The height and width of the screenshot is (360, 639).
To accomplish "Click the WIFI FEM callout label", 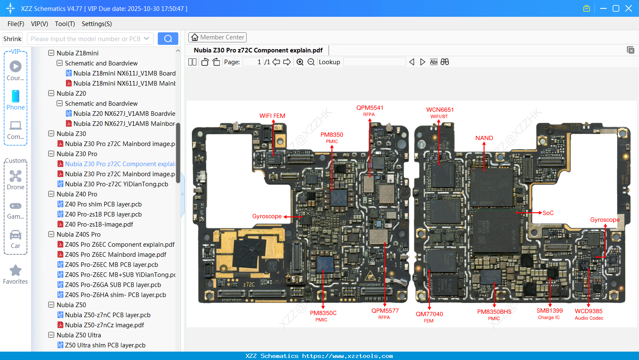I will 272,116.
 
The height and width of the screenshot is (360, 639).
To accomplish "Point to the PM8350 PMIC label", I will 331,137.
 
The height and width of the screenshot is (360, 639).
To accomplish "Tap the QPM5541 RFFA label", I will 370,110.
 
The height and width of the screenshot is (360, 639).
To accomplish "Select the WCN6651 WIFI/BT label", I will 440,112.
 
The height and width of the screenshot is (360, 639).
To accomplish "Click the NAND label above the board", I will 484,138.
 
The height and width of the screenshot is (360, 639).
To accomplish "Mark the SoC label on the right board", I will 548,213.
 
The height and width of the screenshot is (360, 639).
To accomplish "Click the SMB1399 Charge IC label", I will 549,313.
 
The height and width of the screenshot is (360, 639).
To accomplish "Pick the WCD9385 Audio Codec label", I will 589,314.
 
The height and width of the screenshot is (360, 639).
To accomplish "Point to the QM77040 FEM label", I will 429,317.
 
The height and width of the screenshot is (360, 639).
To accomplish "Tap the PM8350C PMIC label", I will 323,316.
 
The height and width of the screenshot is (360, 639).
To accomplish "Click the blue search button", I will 168,39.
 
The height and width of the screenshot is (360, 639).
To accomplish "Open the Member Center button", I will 217,37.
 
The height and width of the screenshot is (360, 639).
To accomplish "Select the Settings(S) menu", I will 97,24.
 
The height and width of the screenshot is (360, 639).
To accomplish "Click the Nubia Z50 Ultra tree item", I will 78,335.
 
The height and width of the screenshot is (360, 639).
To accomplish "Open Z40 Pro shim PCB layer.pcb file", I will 103,204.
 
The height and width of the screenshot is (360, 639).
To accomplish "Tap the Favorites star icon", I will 16,271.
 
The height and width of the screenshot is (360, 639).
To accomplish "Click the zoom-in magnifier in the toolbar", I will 300,62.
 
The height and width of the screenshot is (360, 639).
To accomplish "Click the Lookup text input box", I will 374,62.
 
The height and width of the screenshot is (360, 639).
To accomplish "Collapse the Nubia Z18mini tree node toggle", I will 51,53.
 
